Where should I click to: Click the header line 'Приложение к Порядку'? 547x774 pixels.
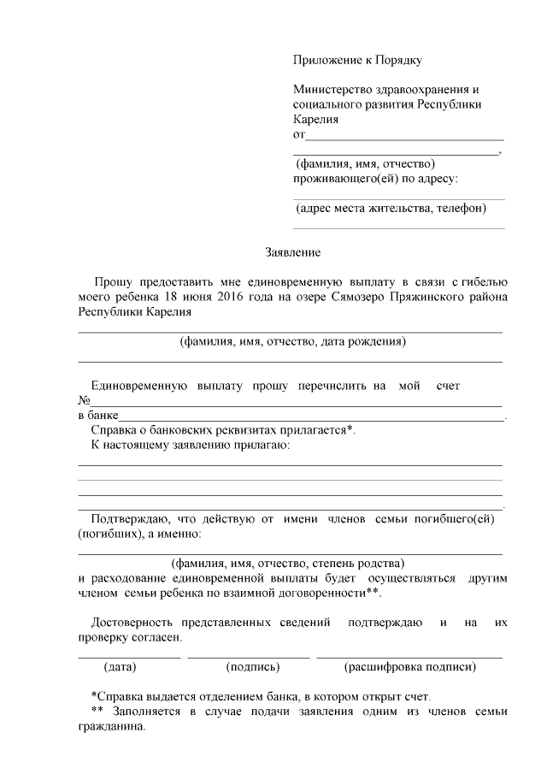click(357, 60)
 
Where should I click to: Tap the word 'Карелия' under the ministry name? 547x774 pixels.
click(315, 120)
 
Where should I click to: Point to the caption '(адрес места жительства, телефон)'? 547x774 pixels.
click(391, 208)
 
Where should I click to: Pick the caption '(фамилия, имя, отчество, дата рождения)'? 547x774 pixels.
click(292, 342)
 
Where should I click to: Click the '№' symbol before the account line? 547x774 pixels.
click(84, 401)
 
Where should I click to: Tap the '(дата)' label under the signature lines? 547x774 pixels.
click(120, 665)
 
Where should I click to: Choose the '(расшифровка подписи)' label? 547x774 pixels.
click(409, 665)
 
